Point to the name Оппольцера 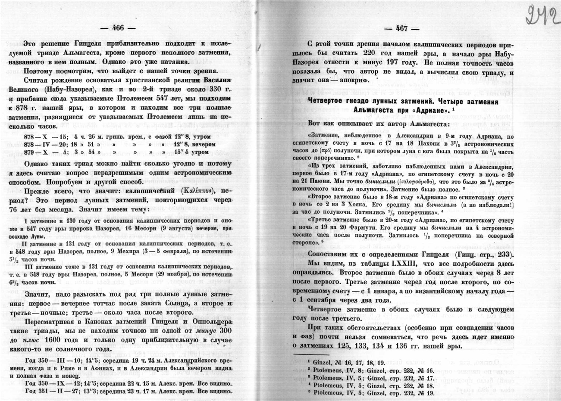(212, 322)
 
